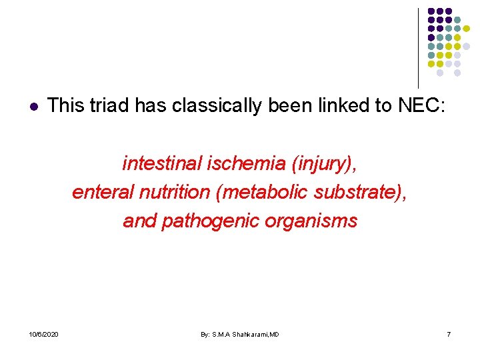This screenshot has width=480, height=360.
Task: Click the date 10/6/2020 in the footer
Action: click(43, 334)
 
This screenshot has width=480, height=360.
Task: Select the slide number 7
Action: click(449, 334)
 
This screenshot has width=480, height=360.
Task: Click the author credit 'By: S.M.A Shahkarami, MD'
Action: click(240, 334)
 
